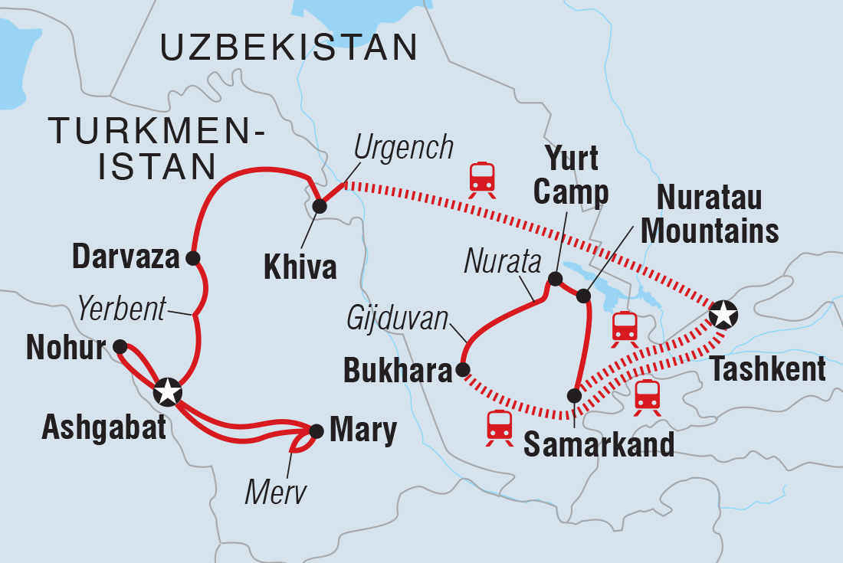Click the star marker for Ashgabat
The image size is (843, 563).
(x=167, y=391)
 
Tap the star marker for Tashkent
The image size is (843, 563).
(x=722, y=313)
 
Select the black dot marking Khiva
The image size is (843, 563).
(x=320, y=205)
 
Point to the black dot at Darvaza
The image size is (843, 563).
(x=192, y=257)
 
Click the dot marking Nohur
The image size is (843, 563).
(x=120, y=346)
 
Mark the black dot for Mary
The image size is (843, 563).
(x=315, y=430)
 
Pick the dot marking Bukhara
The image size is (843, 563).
(x=462, y=369)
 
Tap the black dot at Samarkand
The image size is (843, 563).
(x=574, y=395)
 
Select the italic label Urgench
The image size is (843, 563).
(x=405, y=148)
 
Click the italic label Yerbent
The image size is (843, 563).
(x=121, y=310)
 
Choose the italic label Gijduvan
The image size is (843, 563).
(x=398, y=318)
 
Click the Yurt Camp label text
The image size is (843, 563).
(x=571, y=177)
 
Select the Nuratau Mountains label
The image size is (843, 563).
(x=710, y=214)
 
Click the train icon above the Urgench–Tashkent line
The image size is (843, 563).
(x=483, y=178)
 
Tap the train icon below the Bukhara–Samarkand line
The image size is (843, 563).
(x=500, y=427)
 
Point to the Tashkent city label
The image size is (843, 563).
(x=768, y=369)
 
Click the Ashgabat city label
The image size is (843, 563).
(x=103, y=428)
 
